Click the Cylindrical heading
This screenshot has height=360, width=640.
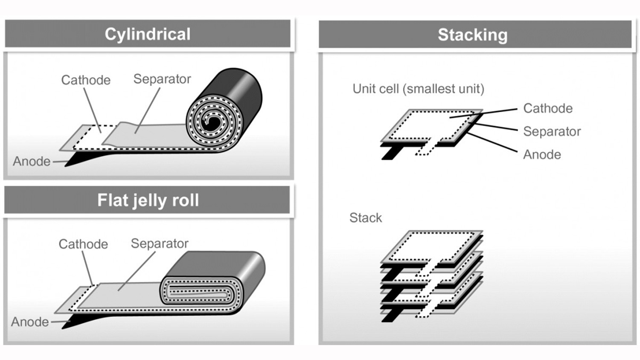click(x=148, y=34)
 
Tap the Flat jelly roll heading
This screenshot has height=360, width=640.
click(x=148, y=200)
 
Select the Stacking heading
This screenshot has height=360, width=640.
click(x=472, y=35)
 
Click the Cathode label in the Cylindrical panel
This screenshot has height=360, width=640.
click(x=86, y=80)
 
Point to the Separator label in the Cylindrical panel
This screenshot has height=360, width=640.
click(x=162, y=79)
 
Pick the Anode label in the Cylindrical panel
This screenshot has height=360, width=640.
click(x=32, y=161)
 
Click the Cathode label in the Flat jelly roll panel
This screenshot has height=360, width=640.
click(x=83, y=244)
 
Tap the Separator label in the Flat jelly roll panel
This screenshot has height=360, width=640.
click(x=160, y=243)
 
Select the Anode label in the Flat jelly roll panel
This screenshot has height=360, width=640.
click(x=30, y=322)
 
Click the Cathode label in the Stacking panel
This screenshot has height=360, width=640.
click(x=548, y=108)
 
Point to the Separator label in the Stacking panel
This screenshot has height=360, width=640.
click(x=552, y=131)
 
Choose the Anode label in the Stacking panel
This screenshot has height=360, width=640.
click(x=542, y=154)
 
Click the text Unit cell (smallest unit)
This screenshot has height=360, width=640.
click(x=418, y=89)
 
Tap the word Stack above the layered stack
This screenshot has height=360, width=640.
click(x=366, y=218)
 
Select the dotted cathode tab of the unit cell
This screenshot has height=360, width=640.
click(x=425, y=148)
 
